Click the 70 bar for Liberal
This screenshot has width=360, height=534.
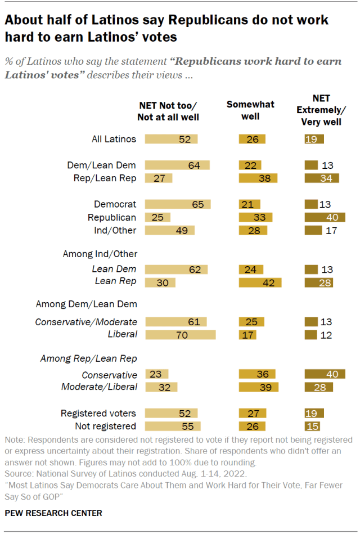tap(180, 335)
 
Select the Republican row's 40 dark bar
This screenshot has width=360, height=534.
tap(325, 217)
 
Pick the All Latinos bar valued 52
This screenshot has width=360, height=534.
tap(171, 139)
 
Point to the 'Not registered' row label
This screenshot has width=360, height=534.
tap(106, 426)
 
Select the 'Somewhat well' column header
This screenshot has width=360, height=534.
tap(251, 110)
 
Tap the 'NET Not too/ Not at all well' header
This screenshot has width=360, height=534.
tap(168, 111)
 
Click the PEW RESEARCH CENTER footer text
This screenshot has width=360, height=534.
tap(53, 513)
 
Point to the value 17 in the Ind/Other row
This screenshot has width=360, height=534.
tap(331, 230)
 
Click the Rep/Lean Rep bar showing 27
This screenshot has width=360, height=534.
tap(158, 178)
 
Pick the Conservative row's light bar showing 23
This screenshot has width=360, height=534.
tap(156, 374)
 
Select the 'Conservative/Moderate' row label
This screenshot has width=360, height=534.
tap(86, 322)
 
